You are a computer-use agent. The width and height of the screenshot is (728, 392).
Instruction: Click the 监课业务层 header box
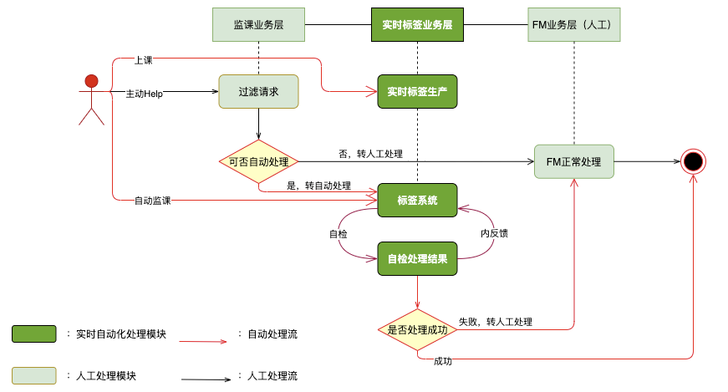coord(258,25)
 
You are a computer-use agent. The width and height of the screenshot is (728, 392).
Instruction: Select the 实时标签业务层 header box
coord(416,25)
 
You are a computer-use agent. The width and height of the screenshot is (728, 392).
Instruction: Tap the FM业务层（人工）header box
coord(574,25)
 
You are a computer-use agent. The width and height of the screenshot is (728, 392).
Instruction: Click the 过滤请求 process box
coord(258,92)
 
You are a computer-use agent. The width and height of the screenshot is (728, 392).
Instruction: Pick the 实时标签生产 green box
coord(417,92)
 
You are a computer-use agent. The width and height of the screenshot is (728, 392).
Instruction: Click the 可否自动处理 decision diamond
coord(258,161)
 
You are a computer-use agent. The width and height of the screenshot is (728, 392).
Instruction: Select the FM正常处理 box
coord(573,161)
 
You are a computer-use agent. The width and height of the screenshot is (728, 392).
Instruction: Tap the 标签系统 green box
coord(417,201)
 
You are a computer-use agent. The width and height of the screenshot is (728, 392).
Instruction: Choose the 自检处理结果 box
coord(417,259)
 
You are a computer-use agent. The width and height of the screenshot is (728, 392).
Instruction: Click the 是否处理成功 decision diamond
coord(417,329)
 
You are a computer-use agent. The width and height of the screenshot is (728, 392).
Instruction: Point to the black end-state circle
coord(693,161)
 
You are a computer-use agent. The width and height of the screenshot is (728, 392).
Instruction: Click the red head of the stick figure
coord(91,81)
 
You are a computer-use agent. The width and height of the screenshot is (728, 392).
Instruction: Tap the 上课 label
coord(143,60)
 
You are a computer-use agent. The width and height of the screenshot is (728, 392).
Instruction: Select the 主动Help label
coord(144,94)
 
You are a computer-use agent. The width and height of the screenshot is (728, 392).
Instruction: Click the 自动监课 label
coord(152,201)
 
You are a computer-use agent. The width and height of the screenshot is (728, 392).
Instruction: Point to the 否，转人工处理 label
coord(370,154)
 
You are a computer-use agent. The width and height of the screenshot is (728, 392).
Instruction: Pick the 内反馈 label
coord(494,234)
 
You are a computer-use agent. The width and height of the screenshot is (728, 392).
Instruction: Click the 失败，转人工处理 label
coord(495,322)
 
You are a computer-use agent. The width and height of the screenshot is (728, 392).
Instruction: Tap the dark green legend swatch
coord(34,334)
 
